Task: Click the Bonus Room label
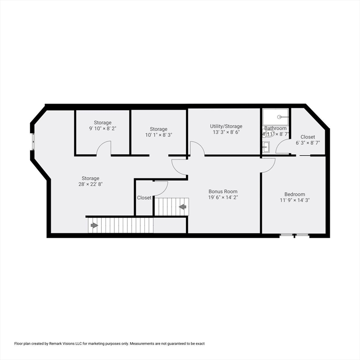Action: pos(223,191)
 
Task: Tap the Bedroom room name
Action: pos(294,194)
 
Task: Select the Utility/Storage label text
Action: pos(226,126)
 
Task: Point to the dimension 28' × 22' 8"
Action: pos(90,184)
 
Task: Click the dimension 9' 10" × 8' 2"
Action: pos(103,128)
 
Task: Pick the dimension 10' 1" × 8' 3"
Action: pos(158,135)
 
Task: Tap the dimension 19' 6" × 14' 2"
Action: pos(223,197)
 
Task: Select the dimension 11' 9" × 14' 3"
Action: pos(294,200)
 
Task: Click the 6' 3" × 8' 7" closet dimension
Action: pos(307,143)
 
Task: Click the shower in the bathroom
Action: pos(276,117)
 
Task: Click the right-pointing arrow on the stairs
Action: pos(94,225)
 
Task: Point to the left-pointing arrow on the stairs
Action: pos(182,207)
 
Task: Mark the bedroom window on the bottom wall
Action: pos(294,234)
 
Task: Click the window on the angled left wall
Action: pos(33,141)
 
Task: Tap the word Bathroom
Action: pos(275,128)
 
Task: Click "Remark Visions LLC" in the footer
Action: pos(62,344)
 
